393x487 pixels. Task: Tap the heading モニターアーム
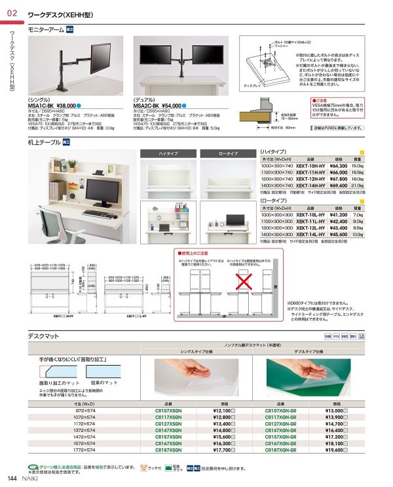pos(45,30)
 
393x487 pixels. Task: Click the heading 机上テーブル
pos(44,142)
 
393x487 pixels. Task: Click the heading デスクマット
pos(44,336)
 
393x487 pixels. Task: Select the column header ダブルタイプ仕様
pos(308,352)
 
